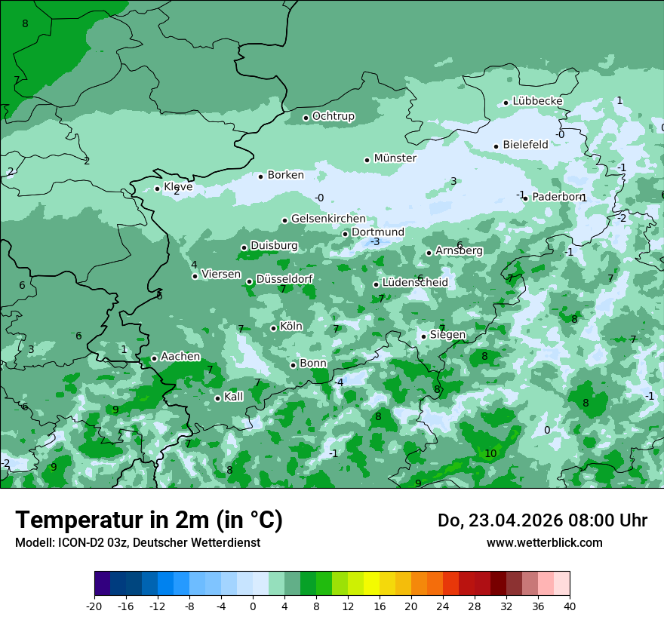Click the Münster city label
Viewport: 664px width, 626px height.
(395, 158)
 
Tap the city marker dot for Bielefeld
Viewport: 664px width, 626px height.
(496, 146)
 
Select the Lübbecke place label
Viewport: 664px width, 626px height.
(537, 101)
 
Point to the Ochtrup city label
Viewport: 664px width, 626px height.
(333, 116)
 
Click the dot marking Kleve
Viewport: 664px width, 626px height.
(157, 189)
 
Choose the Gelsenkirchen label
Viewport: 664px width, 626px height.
(328, 219)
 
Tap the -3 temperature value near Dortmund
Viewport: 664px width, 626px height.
(375, 242)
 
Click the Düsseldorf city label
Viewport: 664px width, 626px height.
(284, 279)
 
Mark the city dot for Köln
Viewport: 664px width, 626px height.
(273, 328)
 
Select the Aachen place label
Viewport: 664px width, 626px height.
(180, 357)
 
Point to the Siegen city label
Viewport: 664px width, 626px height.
(447, 335)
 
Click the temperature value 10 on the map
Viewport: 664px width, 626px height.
(490, 453)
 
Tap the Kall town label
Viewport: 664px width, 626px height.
(234, 397)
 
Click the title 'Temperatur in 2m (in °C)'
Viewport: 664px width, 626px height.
(149, 520)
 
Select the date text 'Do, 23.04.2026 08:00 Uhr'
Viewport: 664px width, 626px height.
(543, 520)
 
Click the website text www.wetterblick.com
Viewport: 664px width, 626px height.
(544, 543)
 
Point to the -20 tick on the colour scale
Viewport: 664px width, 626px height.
(94, 606)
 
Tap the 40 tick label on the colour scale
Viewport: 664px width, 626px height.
(569, 606)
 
